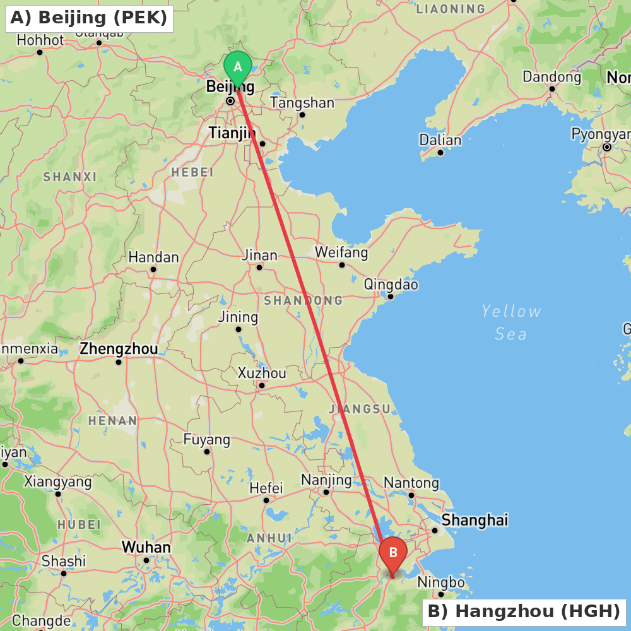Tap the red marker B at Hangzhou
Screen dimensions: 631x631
tap(392, 554)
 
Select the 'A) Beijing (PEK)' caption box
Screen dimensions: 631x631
tap(89, 18)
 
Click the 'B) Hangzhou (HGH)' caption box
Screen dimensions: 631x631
tap(524, 611)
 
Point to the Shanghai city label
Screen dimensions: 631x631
tap(475, 521)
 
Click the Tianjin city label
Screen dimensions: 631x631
tap(232, 133)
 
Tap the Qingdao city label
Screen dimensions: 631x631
tap(391, 285)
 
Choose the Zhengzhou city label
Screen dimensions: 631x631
tap(119, 349)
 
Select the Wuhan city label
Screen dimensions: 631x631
tap(146, 547)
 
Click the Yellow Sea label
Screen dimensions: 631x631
tap(510, 322)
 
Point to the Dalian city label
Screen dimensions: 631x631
tap(440, 140)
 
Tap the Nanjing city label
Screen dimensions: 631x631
tap(326, 480)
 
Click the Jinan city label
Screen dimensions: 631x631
tap(259, 256)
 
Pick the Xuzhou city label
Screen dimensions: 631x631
tap(262, 374)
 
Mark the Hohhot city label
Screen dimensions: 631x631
tap(40, 40)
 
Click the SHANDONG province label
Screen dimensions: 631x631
tap(303, 300)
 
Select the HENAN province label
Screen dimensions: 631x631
tap(112, 420)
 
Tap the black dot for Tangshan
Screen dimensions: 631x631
tap(302, 115)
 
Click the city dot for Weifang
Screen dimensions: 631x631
tap(342, 265)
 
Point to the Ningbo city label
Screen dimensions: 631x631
tap(441, 582)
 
